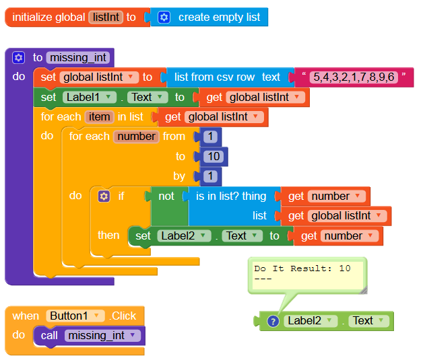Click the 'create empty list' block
click(x=219, y=17)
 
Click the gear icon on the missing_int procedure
click(x=18, y=57)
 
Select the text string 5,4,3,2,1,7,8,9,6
click(x=354, y=77)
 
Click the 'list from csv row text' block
click(x=227, y=77)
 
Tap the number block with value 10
click(x=211, y=156)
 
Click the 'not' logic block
click(x=166, y=196)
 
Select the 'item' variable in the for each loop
click(x=99, y=117)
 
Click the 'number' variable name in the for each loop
click(x=136, y=137)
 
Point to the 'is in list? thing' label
click(x=231, y=196)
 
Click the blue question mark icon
click(x=273, y=321)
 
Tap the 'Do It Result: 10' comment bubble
click(x=306, y=273)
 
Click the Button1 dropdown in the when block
click(x=75, y=316)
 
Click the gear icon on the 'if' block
click(x=104, y=196)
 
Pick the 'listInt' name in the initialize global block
click(x=106, y=17)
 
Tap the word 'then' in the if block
click(x=108, y=235)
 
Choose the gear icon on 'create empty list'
click(x=164, y=17)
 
